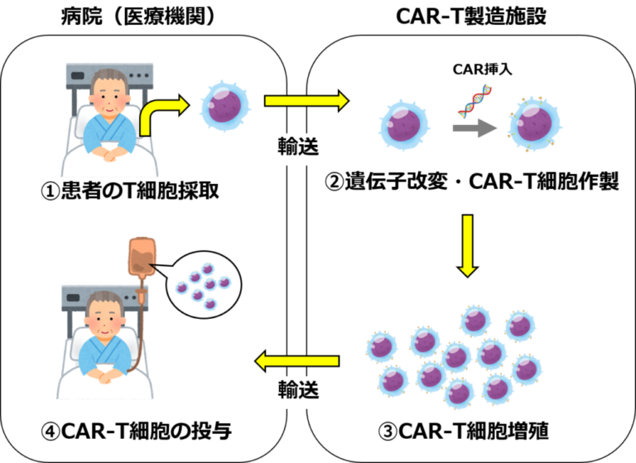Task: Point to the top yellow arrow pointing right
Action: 306,101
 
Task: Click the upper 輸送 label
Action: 297,149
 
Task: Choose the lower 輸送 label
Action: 297,390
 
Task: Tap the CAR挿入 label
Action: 483,70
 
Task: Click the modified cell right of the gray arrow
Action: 534,124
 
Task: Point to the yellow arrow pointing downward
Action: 468,245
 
